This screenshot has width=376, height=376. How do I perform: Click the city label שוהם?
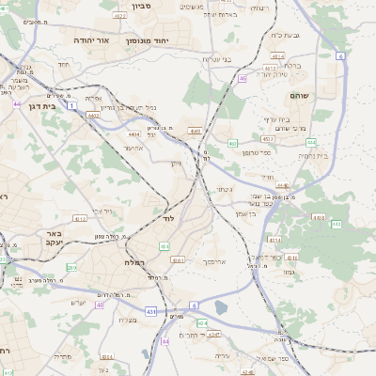point(326,95)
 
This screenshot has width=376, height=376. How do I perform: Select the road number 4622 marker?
point(120,15)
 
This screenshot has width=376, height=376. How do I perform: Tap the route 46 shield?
point(242,79)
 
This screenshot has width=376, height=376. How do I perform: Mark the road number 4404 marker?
point(130,134)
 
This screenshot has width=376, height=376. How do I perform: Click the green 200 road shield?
point(71,268)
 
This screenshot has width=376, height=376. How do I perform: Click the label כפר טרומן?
point(257,152)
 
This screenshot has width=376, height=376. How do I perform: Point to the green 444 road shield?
point(310,142)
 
